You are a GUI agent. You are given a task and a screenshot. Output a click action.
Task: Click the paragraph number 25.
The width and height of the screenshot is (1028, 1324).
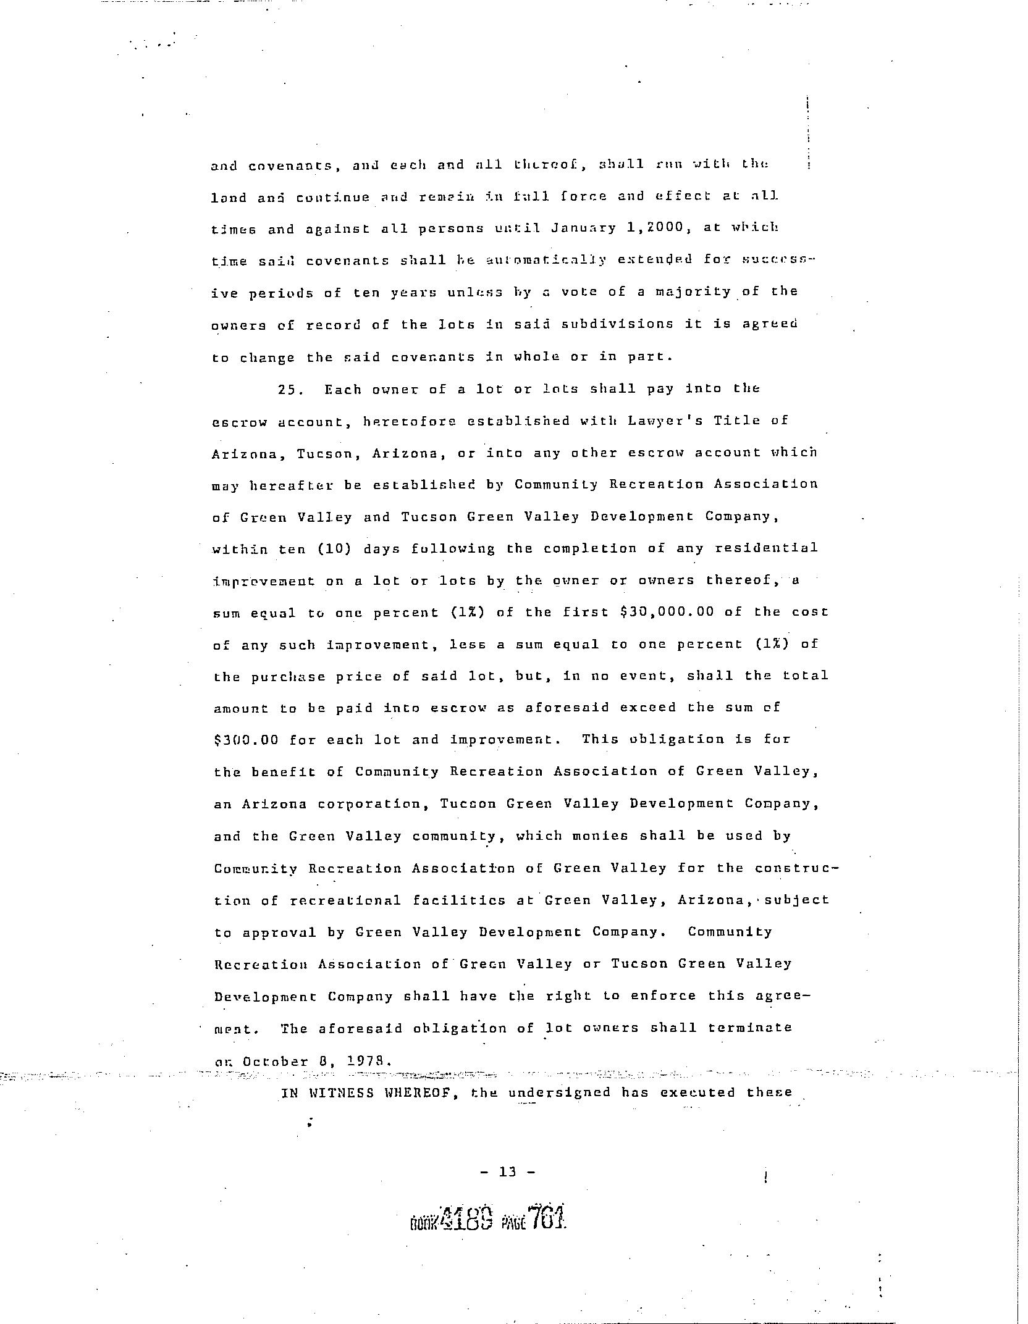click(x=288, y=390)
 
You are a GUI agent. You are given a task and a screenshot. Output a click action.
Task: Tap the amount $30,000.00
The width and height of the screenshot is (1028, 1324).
click(x=667, y=612)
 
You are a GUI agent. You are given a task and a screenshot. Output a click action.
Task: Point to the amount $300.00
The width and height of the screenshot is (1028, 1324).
click(x=246, y=740)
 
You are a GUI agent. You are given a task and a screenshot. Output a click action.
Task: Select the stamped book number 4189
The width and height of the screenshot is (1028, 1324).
click(x=466, y=1217)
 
